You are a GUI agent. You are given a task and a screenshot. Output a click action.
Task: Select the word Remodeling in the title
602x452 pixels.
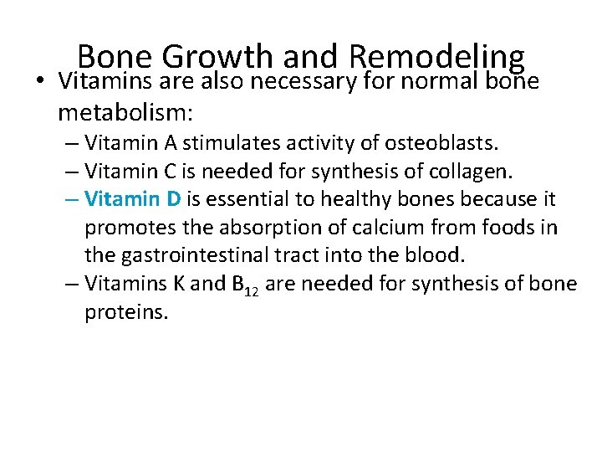(436, 57)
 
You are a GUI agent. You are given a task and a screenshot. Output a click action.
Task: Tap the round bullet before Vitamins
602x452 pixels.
(42, 83)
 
